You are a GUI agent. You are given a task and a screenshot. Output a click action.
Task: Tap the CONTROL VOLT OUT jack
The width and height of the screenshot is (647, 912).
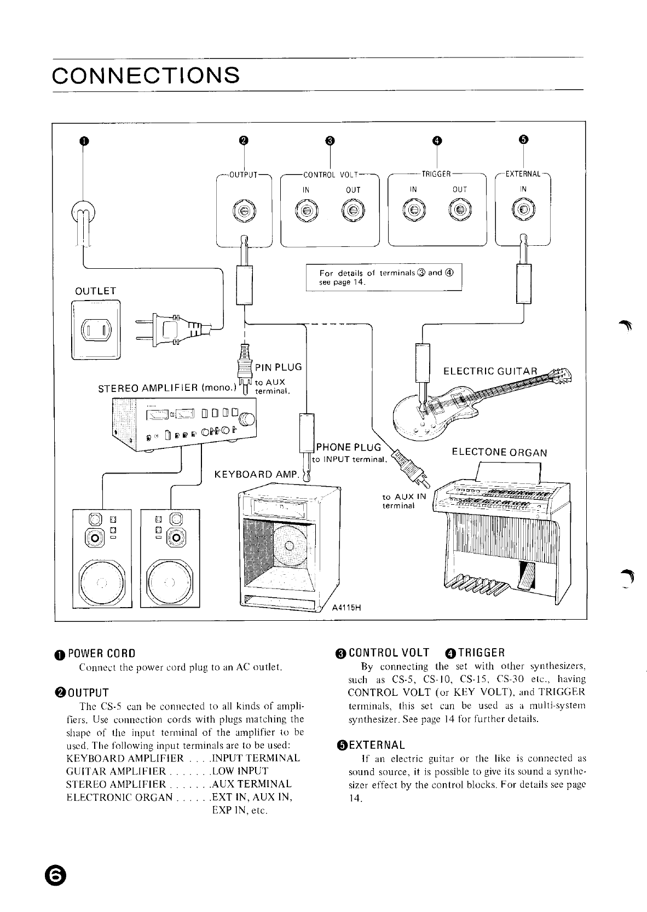353,211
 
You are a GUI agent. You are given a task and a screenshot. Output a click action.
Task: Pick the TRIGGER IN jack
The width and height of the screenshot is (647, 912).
414,211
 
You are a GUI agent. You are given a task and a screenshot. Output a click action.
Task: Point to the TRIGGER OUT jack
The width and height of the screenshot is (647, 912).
460,211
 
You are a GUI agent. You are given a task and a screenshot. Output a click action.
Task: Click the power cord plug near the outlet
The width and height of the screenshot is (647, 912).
164,330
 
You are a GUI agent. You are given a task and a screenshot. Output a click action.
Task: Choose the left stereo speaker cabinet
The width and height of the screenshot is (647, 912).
102,558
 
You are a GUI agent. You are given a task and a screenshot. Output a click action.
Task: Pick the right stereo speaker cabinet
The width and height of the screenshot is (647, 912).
170,558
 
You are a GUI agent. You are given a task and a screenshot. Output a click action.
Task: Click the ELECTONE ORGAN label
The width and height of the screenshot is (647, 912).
499,453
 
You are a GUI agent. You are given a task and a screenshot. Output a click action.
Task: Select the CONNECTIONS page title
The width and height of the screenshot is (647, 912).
146,74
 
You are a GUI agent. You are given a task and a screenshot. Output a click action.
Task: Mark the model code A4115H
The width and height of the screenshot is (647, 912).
348,608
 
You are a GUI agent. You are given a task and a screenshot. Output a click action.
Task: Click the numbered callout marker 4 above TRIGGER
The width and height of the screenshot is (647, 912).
436,140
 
